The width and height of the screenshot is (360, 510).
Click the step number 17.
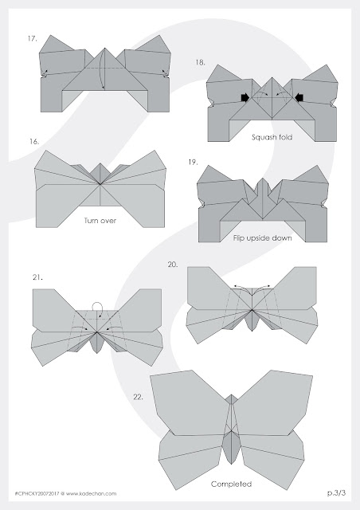click(32, 39)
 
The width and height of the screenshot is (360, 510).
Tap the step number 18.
click(200, 62)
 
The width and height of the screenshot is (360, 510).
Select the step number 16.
click(34, 142)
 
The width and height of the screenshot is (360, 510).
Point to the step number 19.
click(193, 162)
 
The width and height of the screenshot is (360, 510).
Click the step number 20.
click(173, 265)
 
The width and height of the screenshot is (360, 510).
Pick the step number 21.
click(37, 277)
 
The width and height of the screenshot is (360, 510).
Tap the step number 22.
click(138, 397)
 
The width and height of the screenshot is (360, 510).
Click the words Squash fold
click(272, 137)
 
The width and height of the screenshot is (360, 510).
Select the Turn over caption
click(100, 221)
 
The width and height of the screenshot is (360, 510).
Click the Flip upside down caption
click(263, 238)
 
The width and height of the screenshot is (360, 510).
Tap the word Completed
click(231, 484)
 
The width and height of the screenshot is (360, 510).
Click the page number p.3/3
click(337, 492)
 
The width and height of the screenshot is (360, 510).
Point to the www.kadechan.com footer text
click(91, 493)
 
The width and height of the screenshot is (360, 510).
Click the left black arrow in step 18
click(245, 97)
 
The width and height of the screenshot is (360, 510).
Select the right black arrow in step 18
click(299, 97)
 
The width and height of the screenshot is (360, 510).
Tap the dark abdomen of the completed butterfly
click(231, 447)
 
